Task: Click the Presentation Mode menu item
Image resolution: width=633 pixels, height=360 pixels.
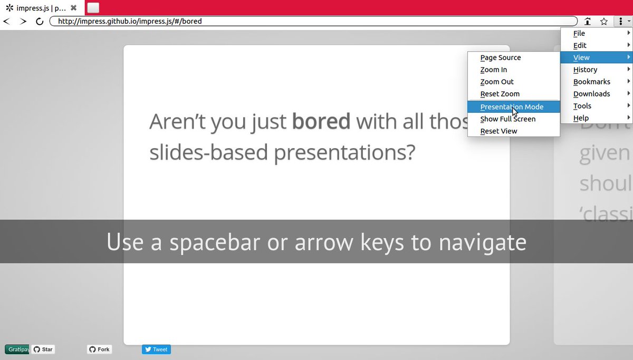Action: click(x=511, y=106)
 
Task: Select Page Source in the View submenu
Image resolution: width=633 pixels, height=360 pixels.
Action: click(x=500, y=57)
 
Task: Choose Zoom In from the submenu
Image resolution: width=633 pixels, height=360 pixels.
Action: click(x=493, y=70)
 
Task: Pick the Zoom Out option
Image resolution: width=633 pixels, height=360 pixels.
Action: click(x=496, y=82)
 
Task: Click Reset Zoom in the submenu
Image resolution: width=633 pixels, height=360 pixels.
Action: click(x=500, y=94)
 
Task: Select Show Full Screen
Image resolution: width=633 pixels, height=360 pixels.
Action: click(x=507, y=119)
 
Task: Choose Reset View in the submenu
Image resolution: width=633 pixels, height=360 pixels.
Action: click(x=498, y=131)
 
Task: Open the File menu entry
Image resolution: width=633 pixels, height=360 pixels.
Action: click(x=579, y=33)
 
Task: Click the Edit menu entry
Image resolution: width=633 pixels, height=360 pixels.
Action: click(x=580, y=45)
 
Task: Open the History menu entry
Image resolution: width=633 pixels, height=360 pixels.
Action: click(x=585, y=70)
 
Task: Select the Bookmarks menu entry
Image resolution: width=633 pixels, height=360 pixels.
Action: click(x=591, y=82)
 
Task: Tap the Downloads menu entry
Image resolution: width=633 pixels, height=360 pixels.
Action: click(x=591, y=94)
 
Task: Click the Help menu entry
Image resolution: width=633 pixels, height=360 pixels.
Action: click(x=581, y=118)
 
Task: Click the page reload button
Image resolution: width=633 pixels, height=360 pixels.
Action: click(x=40, y=22)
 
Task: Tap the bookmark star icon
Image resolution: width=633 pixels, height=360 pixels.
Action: click(x=604, y=22)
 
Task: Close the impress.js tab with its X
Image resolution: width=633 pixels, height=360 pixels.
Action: click(x=74, y=8)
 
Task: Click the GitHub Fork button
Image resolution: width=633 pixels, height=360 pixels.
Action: click(x=99, y=349)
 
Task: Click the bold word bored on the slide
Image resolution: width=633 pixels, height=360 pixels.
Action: click(x=321, y=121)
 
